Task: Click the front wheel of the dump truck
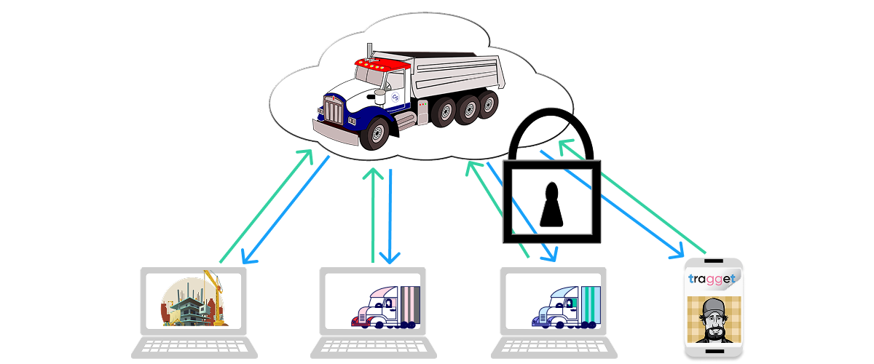(377, 134)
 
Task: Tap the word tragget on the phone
(712, 279)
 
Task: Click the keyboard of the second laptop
(372, 347)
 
